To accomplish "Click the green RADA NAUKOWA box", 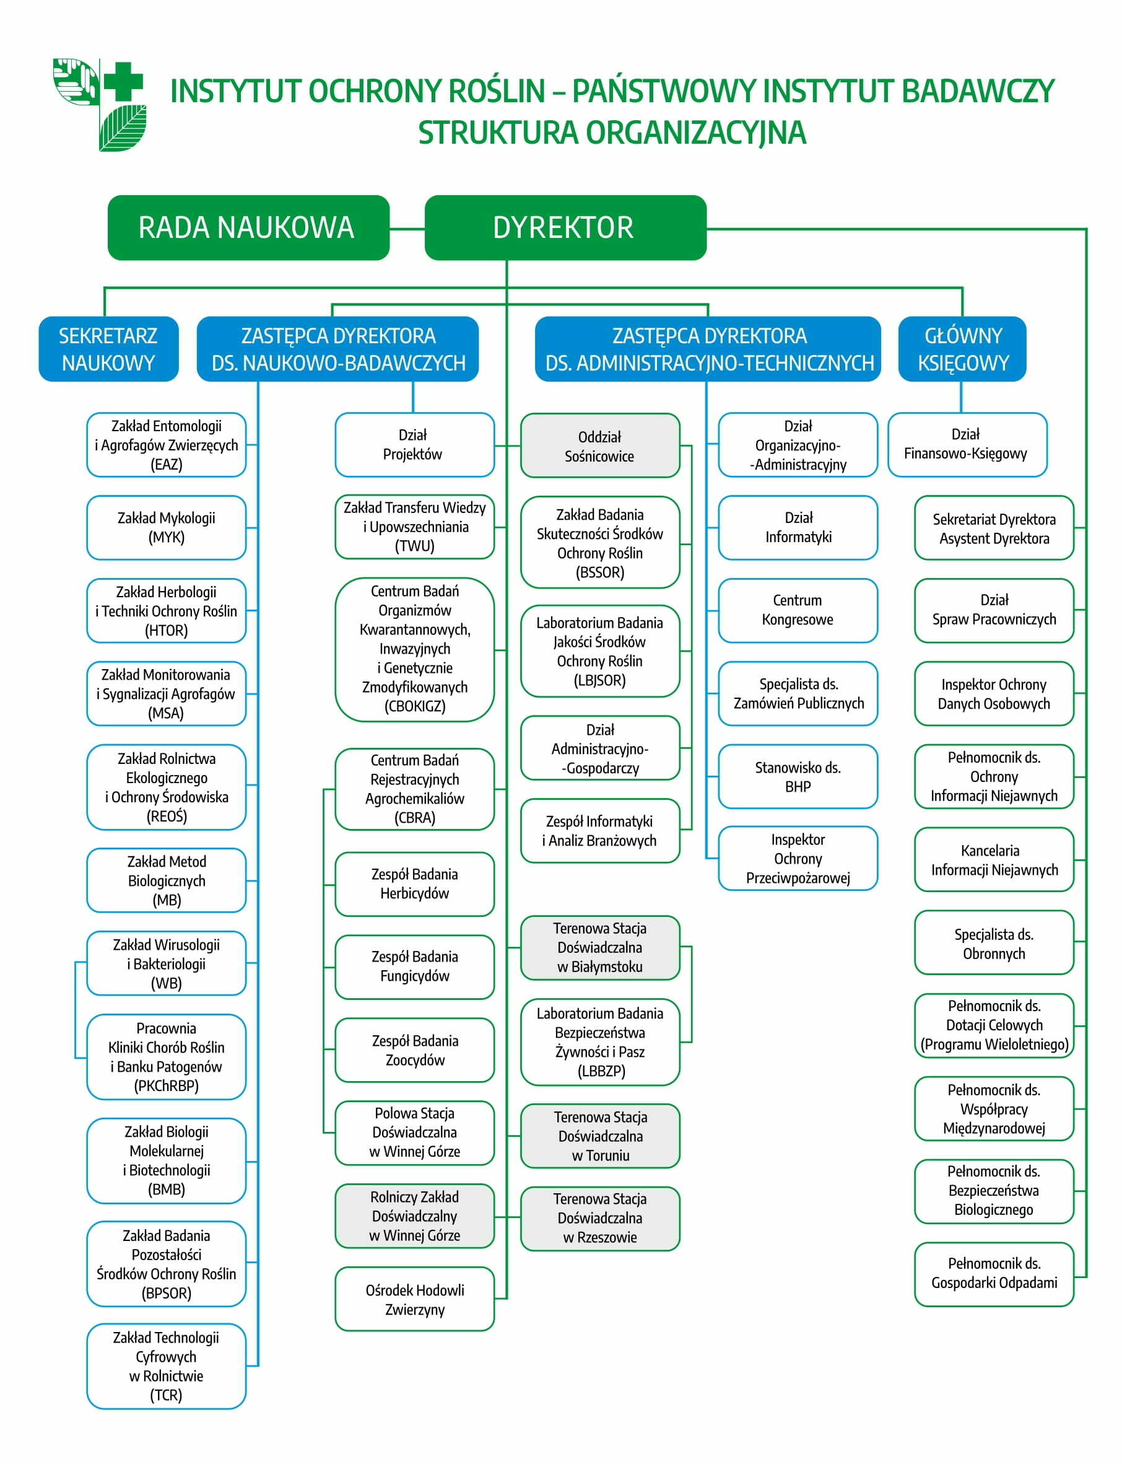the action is (x=248, y=228).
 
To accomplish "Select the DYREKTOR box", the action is (x=566, y=228).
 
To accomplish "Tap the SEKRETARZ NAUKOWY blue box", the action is (x=109, y=349).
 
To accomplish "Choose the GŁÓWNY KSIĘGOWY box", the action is (x=962, y=349).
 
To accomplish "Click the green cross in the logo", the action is (x=123, y=82).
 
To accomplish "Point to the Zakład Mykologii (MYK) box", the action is (x=167, y=528).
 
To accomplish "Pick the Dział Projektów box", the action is (x=415, y=445).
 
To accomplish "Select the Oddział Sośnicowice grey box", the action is (x=601, y=445).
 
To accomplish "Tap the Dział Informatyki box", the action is (x=798, y=528).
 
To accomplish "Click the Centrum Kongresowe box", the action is (x=798, y=611).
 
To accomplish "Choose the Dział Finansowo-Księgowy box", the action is (x=968, y=445).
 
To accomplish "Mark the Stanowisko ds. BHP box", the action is (x=798, y=776).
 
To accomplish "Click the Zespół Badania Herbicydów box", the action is (x=415, y=884).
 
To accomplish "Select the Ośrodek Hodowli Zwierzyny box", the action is (x=415, y=1299).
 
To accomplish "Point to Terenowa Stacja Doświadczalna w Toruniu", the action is (x=601, y=1136).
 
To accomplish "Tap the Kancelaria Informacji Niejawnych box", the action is (x=994, y=860).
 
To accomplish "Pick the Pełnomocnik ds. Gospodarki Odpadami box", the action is (x=994, y=1274).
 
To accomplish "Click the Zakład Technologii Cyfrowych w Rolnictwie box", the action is (x=167, y=1365).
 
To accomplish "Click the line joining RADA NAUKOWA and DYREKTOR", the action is (x=407, y=229).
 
